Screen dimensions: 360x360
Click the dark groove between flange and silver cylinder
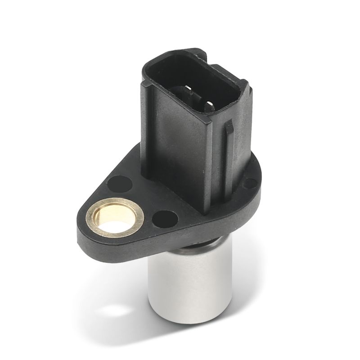click(193, 247)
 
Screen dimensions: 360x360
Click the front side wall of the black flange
click(148, 241)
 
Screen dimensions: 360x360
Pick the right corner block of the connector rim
click(241, 90)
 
